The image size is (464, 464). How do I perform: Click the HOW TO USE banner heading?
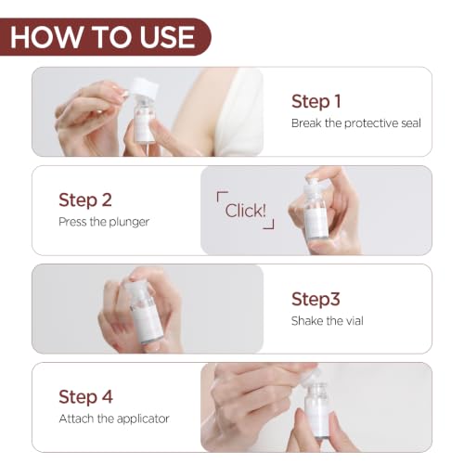click(102, 37)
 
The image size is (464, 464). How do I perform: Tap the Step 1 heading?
click(316, 101)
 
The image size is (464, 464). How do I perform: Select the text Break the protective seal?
click(356, 123)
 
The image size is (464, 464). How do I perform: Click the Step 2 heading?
click(85, 200)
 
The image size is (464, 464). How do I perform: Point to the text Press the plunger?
click(104, 222)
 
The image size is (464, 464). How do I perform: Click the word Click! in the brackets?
click(246, 211)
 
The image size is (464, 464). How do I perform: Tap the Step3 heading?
click(316, 299)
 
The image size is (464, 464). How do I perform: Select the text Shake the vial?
click(328, 321)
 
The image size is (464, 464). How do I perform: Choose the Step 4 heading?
click(85, 397)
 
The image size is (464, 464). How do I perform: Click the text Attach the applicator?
click(114, 419)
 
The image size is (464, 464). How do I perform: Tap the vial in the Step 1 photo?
click(144, 122)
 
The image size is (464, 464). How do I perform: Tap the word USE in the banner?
click(167, 37)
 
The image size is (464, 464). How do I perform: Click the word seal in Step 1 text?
click(411, 123)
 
